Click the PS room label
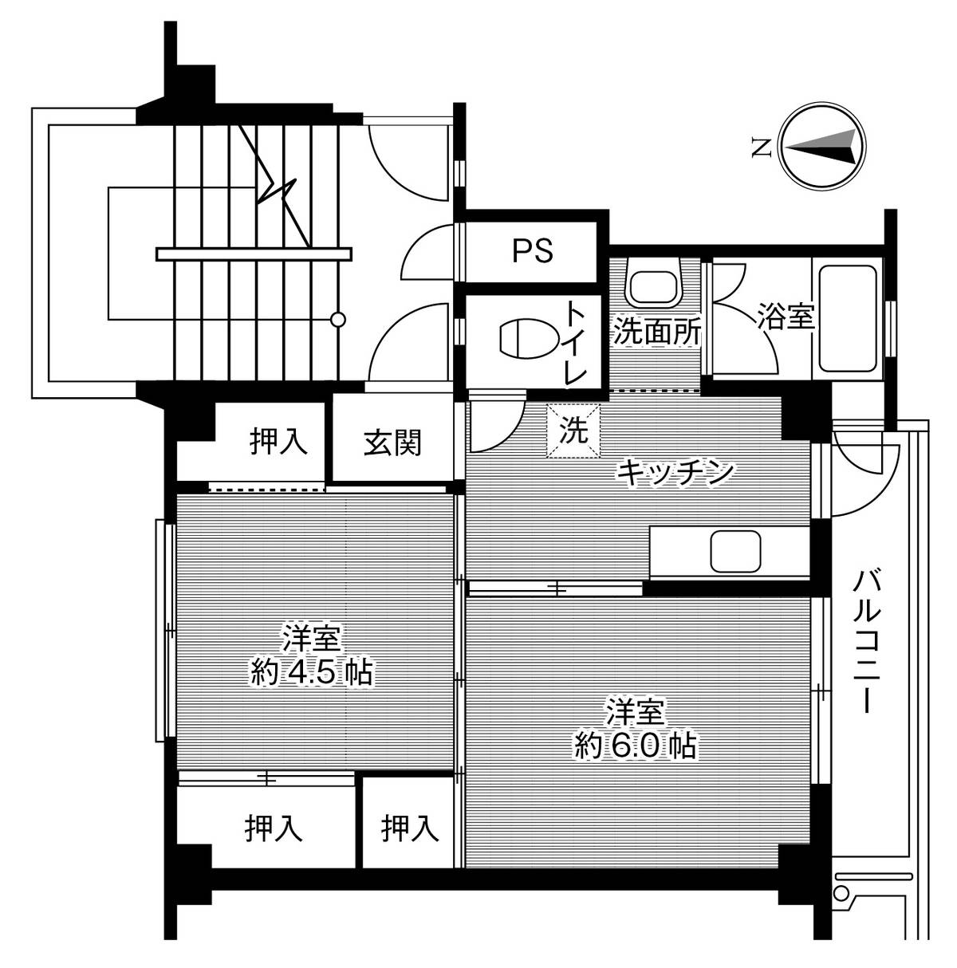[x=533, y=251]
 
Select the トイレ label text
[x=576, y=343]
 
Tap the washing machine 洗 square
[x=573, y=431]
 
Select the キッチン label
[x=675, y=473]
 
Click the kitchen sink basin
[x=737, y=551]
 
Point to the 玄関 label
[x=392, y=443]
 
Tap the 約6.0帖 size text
[x=636, y=746]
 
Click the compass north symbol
[x=821, y=148]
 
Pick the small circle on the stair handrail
[x=338, y=320]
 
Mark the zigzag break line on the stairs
[x=279, y=191]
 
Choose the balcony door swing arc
[x=865, y=478]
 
